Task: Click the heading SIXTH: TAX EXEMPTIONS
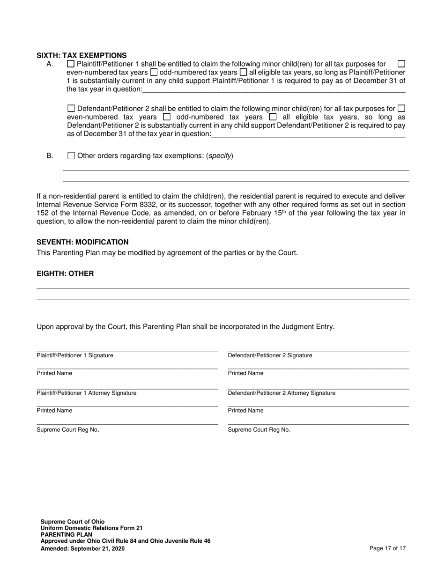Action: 82,55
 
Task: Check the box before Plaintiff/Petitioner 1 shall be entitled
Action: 71,64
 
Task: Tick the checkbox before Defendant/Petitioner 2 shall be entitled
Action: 71,109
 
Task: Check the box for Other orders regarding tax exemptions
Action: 71,155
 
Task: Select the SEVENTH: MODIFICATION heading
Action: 82,242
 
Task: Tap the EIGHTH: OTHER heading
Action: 65,273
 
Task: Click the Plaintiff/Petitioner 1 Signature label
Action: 75,355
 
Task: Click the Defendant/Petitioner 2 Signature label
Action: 270,355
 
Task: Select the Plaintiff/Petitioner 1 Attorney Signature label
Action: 87,393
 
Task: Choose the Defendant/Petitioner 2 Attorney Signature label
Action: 282,393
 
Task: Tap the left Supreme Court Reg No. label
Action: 68,429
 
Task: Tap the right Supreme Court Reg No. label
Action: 259,429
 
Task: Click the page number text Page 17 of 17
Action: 387,548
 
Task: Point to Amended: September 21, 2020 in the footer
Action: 82,548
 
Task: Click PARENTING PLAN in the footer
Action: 66,534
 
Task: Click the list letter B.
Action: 50,155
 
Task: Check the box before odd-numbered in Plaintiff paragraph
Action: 154,73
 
